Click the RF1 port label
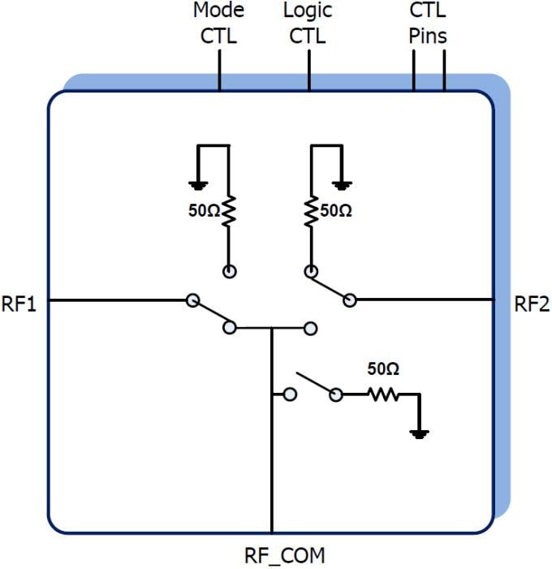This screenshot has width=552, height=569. pyautogui.click(x=19, y=305)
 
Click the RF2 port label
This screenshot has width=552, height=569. pyautogui.click(x=532, y=305)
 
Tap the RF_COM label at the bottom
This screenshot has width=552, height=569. pyautogui.click(x=284, y=556)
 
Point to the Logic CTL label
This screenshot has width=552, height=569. pyautogui.click(x=307, y=24)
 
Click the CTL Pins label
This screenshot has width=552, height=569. pyautogui.click(x=427, y=24)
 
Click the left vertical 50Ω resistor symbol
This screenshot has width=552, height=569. pyautogui.click(x=229, y=210)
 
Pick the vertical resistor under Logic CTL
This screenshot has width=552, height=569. pyautogui.click(x=309, y=210)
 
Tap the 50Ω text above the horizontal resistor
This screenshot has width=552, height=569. pyautogui.click(x=383, y=369)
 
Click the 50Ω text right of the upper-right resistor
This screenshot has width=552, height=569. pyautogui.click(x=335, y=210)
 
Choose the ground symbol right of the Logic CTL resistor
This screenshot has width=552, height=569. pyautogui.click(x=343, y=185)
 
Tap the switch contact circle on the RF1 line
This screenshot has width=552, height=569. pyautogui.click(x=192, y=300)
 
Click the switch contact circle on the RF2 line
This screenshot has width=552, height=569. pyautogui.click(x=350, y=300)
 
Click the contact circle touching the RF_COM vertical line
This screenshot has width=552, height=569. pyautogui.click(x=289, y=394)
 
